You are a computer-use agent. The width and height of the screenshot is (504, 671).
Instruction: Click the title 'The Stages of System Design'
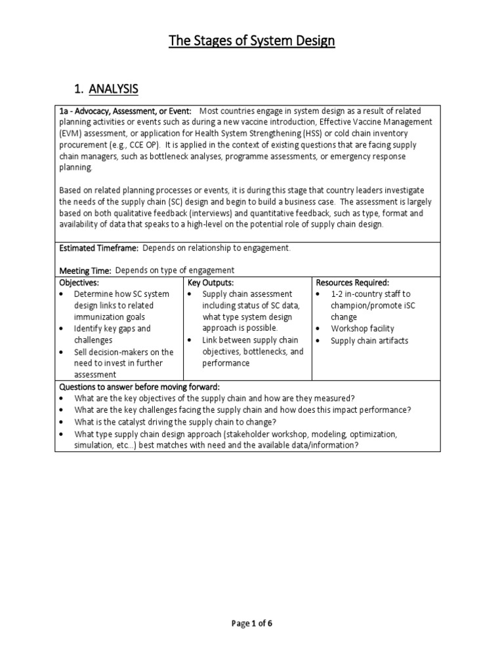click(x=252, y=41)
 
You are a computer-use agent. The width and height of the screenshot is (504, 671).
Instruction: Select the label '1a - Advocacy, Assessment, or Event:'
click(x=125, y=111)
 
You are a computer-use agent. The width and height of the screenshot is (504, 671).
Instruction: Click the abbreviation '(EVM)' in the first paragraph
click(x=70, y=133)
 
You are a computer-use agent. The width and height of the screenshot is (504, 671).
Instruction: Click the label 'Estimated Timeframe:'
click(x=99, y=248)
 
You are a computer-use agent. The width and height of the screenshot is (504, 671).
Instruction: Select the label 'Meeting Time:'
click(x=86, y=270)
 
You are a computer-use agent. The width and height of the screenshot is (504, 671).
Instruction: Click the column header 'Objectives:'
click(x=79, y=282)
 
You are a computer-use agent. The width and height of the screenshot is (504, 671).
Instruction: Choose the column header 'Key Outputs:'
click(x=211, y=282)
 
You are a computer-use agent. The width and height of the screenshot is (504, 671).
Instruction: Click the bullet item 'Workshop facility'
click(x=362, y=328)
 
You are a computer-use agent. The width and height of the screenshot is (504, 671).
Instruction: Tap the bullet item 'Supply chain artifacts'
click(x=369, y=341)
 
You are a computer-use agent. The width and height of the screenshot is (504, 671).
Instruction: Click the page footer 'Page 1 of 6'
click(x=251, y=623)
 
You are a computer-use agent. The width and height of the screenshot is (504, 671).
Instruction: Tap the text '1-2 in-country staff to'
click(x=371, y=294)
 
